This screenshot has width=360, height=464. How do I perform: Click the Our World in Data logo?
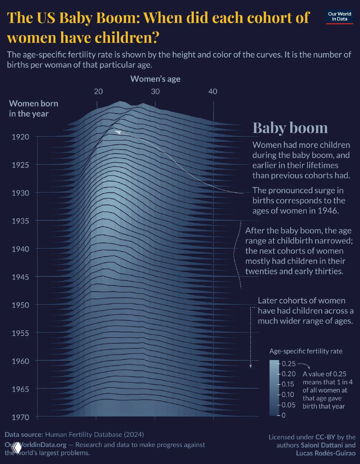339,17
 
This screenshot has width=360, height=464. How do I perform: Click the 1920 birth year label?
20,137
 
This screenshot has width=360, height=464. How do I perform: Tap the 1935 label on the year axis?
20,221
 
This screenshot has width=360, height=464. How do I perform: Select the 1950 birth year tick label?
20,305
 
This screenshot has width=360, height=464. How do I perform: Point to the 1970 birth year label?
20,417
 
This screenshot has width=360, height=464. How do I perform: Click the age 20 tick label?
98,91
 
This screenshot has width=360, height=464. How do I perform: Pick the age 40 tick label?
213,91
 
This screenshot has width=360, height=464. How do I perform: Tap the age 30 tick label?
155,91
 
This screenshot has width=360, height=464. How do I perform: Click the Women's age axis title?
155,79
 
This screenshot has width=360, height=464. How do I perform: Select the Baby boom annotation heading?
290,128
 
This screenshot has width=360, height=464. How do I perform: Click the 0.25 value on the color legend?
289,364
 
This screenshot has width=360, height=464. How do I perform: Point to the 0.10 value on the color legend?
289,394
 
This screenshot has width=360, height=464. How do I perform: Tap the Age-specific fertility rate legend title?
306,351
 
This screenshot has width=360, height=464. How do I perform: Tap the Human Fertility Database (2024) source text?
95,434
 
